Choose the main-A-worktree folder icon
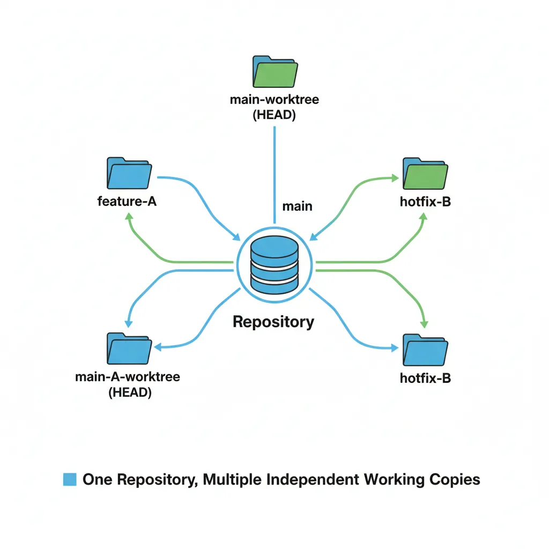(129, 349)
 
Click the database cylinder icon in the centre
(274, 262)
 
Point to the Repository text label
(273, 322)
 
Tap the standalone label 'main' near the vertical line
(297, 206)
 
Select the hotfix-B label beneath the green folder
(425, 203)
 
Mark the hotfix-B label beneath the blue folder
(425, 378)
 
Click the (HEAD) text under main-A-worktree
(130, 392)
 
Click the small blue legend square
(70, 479)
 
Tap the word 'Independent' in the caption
(313, 479)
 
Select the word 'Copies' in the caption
(455, 479)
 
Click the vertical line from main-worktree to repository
(274, 172)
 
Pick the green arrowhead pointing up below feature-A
(128, 216)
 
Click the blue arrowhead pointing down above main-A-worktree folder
(128, 323)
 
